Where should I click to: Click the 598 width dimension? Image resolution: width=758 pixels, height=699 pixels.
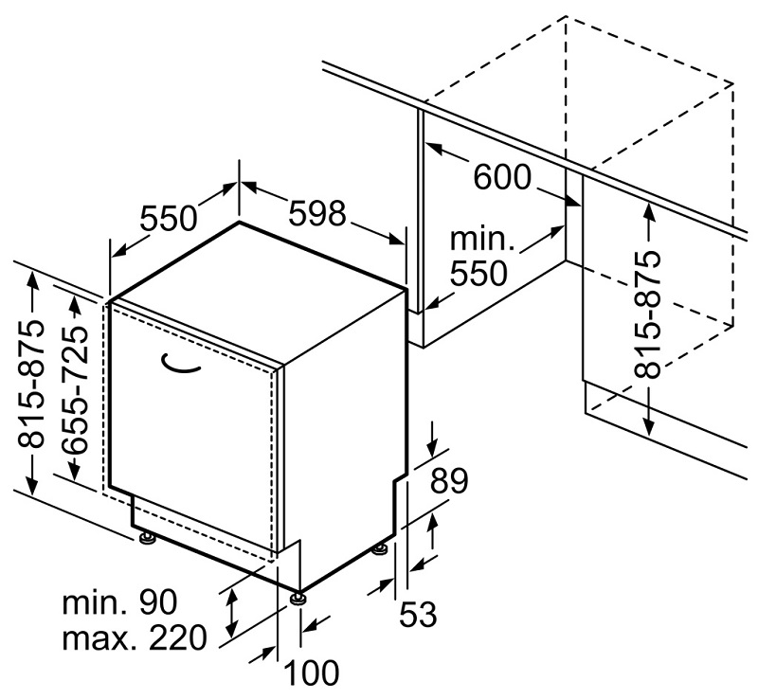pyautogui.click(x=317, y=214)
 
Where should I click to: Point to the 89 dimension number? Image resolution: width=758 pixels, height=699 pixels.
pyautogui.click(x=448, y=482)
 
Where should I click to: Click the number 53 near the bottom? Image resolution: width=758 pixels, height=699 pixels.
pyautogui.click(x=417, y=615)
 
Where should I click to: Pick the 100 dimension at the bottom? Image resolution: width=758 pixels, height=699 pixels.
pyautogui.click(x=312, y=674)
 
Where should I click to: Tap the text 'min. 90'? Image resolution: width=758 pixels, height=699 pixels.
pyautogui.click(x=120, y=601)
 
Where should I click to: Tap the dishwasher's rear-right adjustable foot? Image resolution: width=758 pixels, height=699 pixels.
pyautogui.click(x=381, y=547)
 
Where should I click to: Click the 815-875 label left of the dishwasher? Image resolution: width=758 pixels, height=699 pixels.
pyautogui.click(x=32, y=385)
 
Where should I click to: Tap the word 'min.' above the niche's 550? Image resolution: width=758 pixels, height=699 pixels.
pyautogui.click(x=482, y=238)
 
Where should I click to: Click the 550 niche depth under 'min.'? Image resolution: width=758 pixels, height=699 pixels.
pyautogui.click(x=478, y=275)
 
